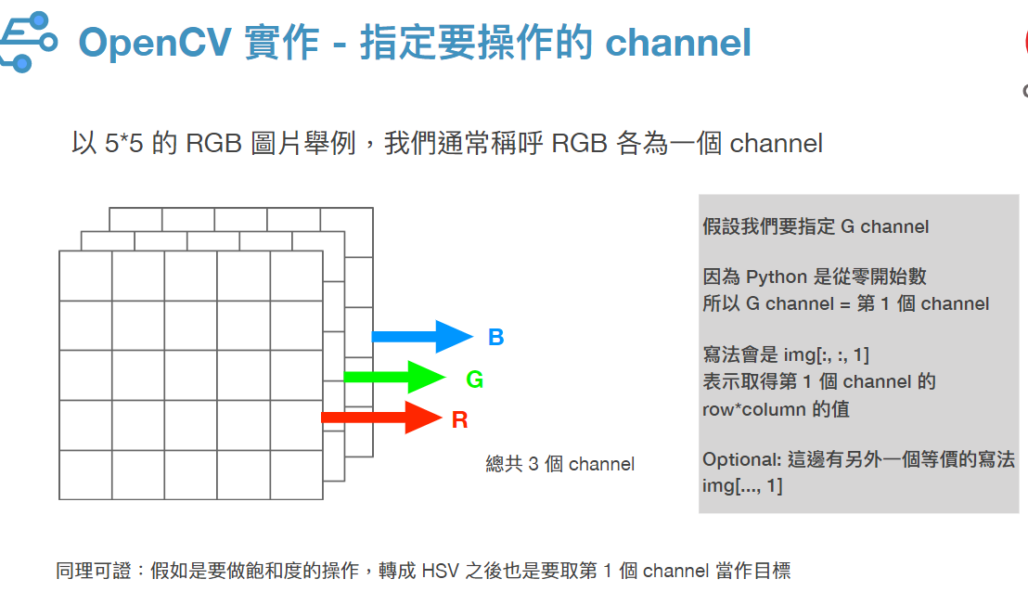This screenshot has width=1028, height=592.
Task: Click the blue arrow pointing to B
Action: (x=422, y=337)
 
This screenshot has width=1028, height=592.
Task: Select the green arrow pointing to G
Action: (x=394, y=377)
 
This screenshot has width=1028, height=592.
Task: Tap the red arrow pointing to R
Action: (x=381, y=418)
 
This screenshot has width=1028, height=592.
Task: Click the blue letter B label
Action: (x=495, y=337)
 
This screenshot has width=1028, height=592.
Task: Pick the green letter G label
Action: (x=475, y=379)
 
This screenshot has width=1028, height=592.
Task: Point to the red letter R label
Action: (x=459, y=419)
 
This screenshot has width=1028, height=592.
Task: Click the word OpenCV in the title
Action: (x=155, y=44)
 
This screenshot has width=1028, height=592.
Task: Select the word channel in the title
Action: (x=678, y=44)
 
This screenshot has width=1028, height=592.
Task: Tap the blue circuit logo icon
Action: (x=28, y=42)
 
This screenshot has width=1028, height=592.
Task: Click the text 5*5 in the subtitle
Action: (x=124, y=143)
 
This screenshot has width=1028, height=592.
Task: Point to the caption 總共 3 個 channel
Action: (x=559, y=464)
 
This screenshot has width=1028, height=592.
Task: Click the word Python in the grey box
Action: (x=777, y=277)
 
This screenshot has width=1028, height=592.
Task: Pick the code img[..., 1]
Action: (x=742, y=486)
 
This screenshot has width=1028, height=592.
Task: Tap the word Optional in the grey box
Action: (x=741, y=459)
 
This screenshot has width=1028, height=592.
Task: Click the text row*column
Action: (x=754, y=409)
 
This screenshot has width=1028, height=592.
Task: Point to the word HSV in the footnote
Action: (x=440, y=571)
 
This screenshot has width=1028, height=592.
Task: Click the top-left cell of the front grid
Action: (x=85, y=276)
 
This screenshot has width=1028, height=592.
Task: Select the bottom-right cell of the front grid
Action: (x=296, y=475)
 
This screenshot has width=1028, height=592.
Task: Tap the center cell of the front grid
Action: (x=191, y=375)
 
